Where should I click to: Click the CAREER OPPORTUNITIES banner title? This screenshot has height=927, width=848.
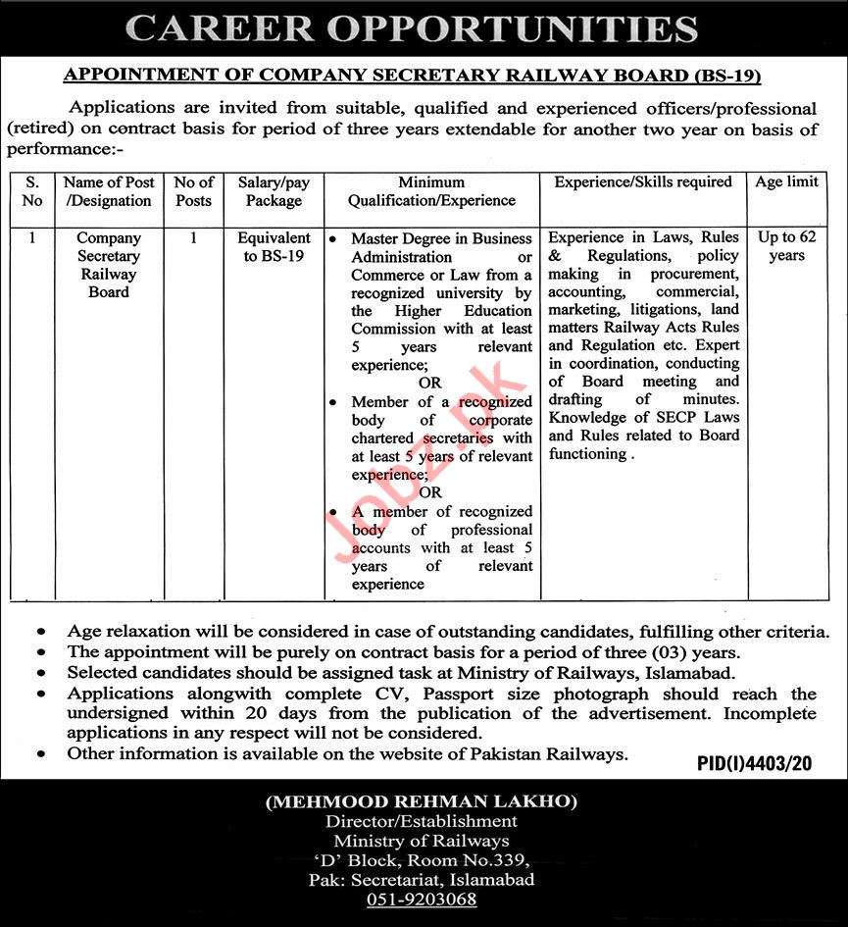click(x=412, y=28)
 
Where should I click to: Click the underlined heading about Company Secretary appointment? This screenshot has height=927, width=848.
click(x=412, y=75)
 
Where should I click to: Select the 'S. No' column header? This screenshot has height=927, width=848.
click(x=32, y=191)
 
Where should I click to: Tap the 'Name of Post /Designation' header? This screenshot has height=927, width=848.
click(x=109, y=191)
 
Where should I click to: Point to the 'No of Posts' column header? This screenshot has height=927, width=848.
click(x=193, y=191)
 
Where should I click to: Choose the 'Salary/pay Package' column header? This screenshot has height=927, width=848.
click(x=274, y=191)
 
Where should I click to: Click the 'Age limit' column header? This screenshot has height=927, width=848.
click(x=786, y=182)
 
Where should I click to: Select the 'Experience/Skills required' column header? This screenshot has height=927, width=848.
click(x=643, y=182)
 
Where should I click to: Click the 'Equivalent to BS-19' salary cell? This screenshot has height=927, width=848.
click(x=274, y=247)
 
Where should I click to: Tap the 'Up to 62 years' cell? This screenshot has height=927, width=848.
click(x=786, y=246)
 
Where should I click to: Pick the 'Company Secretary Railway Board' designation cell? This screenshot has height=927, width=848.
click(x=109, y=265)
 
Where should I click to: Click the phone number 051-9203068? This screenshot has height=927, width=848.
click(x=422, y=900)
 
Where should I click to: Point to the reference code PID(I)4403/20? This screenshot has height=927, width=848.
click(x=754, y=763)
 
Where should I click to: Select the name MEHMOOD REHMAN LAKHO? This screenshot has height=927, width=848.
click(x=422, y=802)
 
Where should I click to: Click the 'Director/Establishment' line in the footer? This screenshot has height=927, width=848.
click(x=422, y=821)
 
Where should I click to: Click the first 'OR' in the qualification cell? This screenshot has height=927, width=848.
click(x=429, y=383)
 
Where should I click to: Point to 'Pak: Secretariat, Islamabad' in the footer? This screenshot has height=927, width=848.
click(x=422, y=880)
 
